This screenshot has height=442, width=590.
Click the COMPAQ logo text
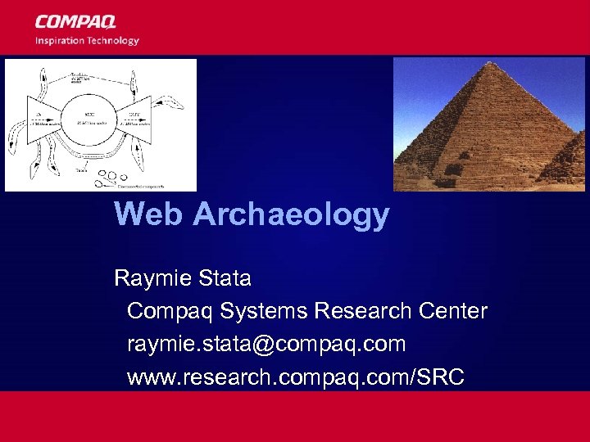(75, 22)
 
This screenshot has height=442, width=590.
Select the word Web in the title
(149, 214)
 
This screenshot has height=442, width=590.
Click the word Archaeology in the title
(291, 214)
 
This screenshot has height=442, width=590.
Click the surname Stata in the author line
(225, 278)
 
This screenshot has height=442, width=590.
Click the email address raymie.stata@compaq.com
(266, 344)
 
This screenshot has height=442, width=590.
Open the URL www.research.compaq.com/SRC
(296, 377)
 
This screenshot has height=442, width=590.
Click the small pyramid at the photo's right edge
(569, 160)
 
